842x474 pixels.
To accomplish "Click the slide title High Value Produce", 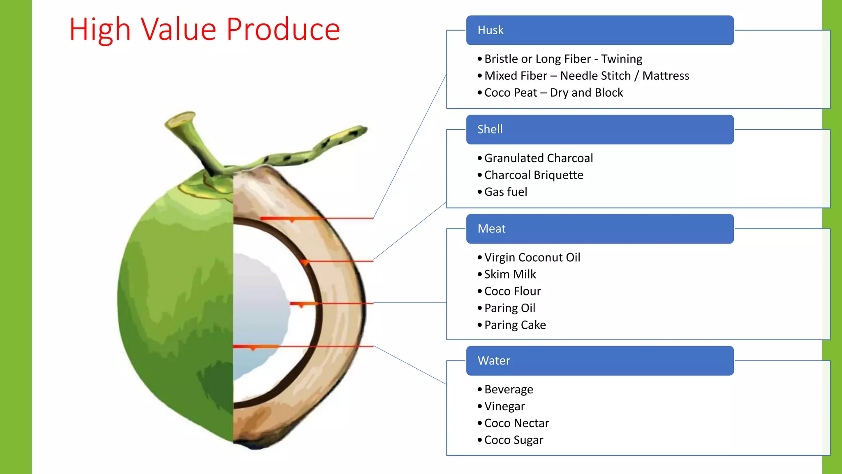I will pos(204,30).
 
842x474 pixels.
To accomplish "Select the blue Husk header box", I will pos(599,30).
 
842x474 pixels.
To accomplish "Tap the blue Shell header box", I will pos(599,130).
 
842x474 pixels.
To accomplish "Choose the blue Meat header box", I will pos(599,229).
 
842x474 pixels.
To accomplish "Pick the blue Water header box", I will pos(599,361).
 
